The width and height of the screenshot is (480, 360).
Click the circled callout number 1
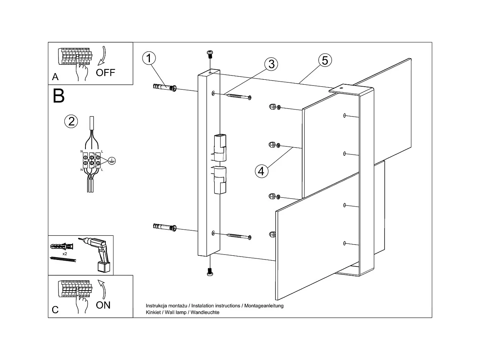point(149,59)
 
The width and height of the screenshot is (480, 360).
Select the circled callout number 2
point(71,122)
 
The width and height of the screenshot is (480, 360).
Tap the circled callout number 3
point(271,64)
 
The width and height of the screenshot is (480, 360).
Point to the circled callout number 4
point(261,171)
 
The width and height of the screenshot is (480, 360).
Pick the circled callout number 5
point(325,60)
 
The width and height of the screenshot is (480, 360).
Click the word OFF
point(105,72)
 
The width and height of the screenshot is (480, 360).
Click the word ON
point(103,305)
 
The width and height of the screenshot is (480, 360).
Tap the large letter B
point(59,96)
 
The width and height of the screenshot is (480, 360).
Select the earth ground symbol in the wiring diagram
point(111,161)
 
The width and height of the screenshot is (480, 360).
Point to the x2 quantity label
point(65,254)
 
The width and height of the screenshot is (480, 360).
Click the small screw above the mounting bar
point(210,54)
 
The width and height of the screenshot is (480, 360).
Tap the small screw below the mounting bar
point(209,271)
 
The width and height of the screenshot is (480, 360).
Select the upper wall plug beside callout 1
point(164,88)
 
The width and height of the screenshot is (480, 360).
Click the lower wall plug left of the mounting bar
point(164,227)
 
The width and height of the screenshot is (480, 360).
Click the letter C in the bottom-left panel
point(55,309)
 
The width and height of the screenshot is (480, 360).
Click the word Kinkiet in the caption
point(153,312)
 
